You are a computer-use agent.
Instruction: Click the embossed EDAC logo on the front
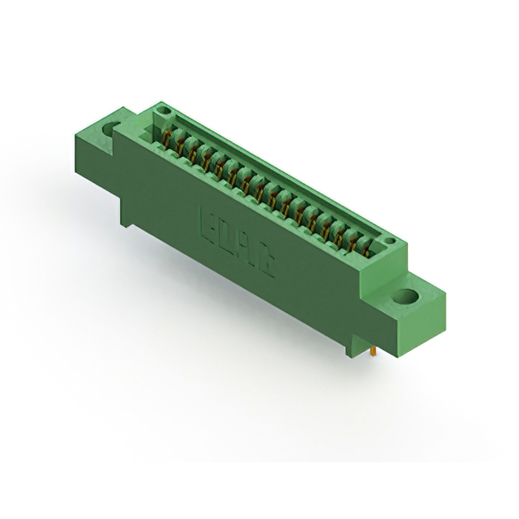tap(237, 240)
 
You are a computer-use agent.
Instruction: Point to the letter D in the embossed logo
tap(226, 234)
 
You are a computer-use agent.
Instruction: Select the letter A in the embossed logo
tap(246, 247)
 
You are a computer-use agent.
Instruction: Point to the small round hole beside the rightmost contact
tap(390, 241)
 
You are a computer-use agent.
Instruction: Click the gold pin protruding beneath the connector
tap(372, 353)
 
